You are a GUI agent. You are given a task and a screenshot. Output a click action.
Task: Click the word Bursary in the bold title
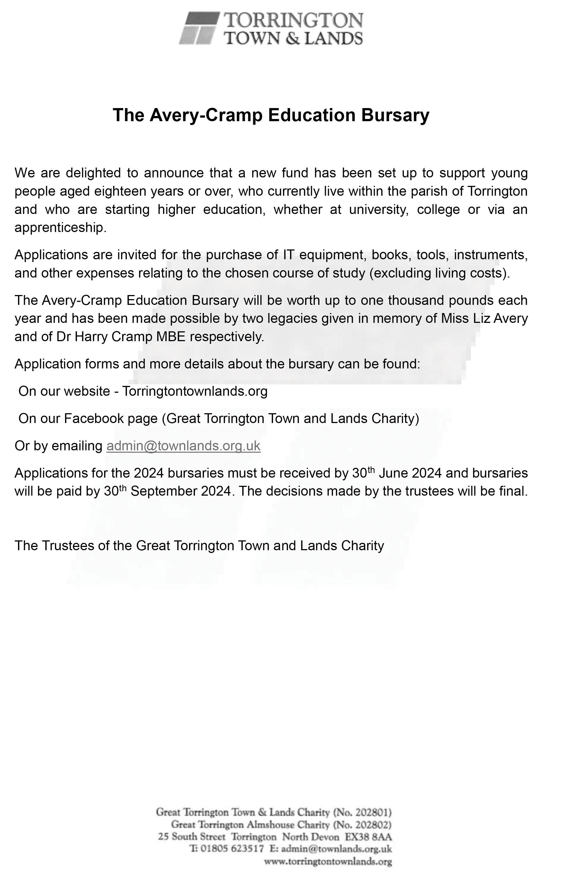(x=395, y=115)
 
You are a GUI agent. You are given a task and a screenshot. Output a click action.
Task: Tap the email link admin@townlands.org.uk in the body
(x=183, y=446)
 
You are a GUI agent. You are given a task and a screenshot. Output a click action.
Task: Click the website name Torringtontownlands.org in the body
(x=195, y=391)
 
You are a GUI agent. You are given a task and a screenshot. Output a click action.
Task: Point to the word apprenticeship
(x=60, y=228)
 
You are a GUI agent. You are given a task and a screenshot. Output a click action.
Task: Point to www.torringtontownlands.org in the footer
(x=328, y=861)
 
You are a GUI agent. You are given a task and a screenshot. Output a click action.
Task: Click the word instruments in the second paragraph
(x=491, y=255)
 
